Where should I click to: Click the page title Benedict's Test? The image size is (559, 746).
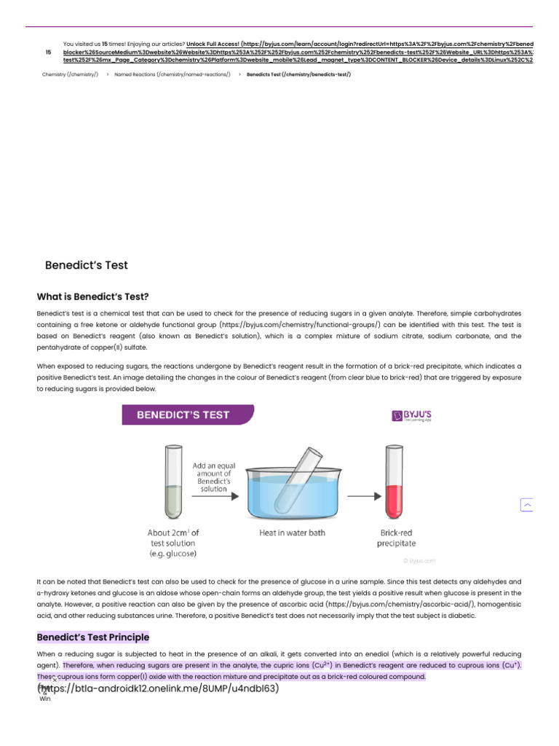click(x=86, y=265)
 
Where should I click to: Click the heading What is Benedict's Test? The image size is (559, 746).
click(x=92, y=297)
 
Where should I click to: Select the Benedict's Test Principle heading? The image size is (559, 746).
click(x=92, y=637)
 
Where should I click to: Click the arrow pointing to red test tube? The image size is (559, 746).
click(x=360, y=497)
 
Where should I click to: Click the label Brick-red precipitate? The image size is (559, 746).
click(x=397, y=538)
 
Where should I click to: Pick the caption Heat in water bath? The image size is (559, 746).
click(x=292, y=533)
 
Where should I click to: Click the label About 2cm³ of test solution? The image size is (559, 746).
click(x=173, y=543)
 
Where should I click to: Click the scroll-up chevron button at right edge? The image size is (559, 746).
click(x=527, y=505)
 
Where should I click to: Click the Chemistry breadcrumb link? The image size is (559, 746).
click(x=70, y=74)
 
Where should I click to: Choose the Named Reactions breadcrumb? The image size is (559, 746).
click(x=172, y=74)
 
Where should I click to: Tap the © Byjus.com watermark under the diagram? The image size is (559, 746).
click(x=419, y=560)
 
